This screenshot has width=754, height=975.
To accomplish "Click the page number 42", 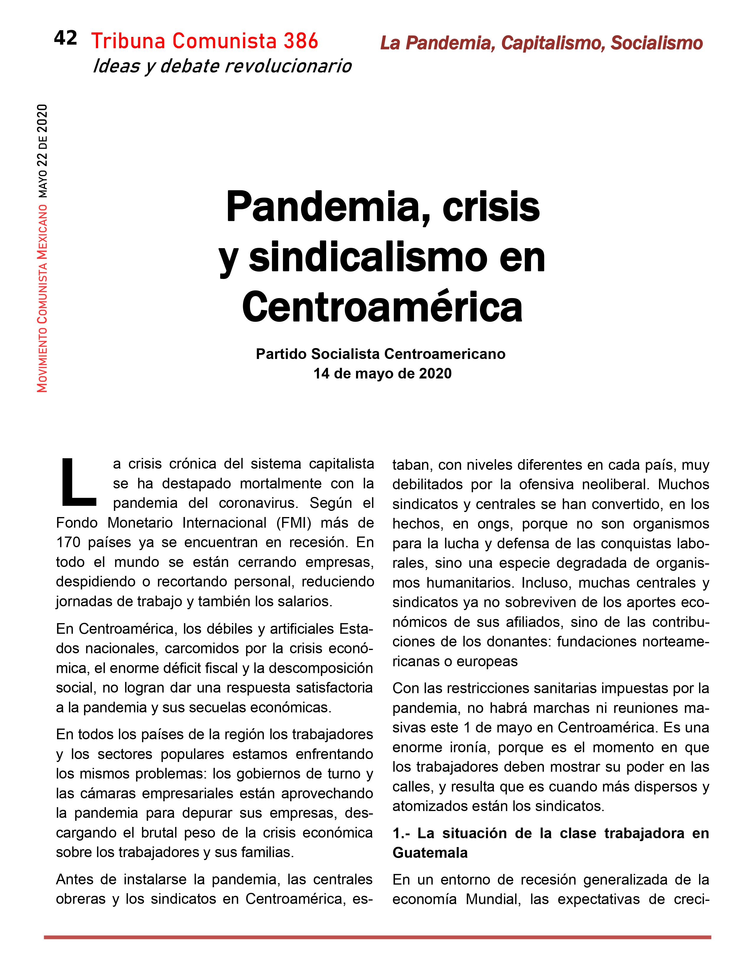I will [x=65, y=38].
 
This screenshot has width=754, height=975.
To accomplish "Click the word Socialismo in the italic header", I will [x=657, y=43].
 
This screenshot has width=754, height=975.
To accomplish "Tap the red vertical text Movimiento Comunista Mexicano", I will [x=43, y=298].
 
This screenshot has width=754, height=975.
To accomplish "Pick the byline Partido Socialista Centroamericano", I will [x=381, y=354].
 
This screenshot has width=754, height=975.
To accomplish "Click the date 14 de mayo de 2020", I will [x=382, y=374].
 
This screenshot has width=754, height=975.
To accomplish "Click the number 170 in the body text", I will [x=68, y=542].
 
